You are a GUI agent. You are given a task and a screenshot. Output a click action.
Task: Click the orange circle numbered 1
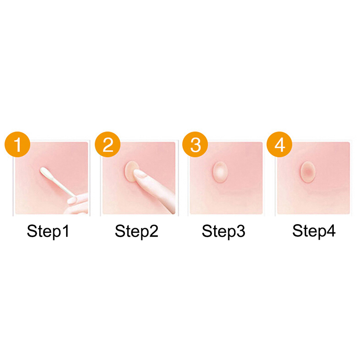pyautogui.click(x=18, y=144)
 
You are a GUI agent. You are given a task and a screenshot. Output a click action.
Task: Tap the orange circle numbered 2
pyautogui.click(x=108, y=144)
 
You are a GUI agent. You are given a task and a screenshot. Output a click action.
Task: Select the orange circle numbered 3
pyautogui.click(x=195, y=144)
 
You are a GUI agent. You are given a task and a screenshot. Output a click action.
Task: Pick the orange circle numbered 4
pyautogui.click(x=279, y=144)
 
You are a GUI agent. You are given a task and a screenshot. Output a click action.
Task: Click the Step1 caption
pyautogui.click(x=48, y=231)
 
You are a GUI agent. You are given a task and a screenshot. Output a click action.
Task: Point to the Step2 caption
pyautogui.click(x=137, y=231)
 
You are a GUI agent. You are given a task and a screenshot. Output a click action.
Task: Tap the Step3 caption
pyautogui.click(x=223, y=231)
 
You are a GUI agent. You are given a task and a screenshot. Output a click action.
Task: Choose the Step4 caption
pyautogui.click(x=314, y=231)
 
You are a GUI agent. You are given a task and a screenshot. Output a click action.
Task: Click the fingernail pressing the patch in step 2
pyautogui.click(x=140, y=175)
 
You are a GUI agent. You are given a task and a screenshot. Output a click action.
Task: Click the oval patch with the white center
pyautogui.click(x=220, y=172)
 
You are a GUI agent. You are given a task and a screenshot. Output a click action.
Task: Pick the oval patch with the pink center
pyautogui.click(x=308, y=172)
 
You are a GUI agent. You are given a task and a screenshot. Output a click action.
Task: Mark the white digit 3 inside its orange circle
pyautogui.click(x=195, y=145)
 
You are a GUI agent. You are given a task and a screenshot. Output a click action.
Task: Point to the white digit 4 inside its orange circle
pyautogui.click(x=279, y=145)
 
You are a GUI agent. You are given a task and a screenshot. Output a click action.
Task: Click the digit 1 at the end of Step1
pyautogui.click(x=65, y=231)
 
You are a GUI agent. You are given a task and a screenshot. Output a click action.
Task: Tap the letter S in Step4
pyautogui.click(x=297, y=231)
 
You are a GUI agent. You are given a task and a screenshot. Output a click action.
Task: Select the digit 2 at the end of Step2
pyautogui.click(x=153, y=231)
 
